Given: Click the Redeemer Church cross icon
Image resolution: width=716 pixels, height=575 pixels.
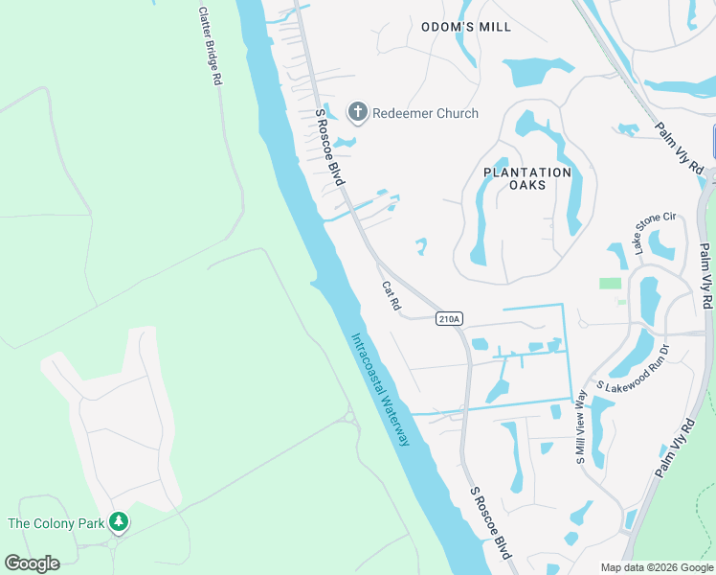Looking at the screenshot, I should (358, 113).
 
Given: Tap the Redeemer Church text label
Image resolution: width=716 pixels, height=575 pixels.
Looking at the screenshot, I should (424, 113).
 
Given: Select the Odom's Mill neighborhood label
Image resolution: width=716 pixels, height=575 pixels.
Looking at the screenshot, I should (466, 27).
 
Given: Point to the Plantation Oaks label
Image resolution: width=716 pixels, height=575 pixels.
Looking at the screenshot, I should (526, 178).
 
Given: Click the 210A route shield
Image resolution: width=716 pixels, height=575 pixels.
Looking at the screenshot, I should (449, 318).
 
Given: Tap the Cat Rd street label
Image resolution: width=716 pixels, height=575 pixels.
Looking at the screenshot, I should (391, 295).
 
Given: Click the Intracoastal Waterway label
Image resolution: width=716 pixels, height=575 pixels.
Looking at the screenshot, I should (381, 389).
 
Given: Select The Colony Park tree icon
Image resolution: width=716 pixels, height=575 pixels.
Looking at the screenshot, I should (119, 522).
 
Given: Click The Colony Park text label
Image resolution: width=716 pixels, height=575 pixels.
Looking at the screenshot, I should (56, 523).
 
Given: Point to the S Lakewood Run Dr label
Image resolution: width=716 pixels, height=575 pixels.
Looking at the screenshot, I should (637, 370).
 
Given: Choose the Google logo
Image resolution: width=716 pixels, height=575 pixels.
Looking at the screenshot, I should (32, 563).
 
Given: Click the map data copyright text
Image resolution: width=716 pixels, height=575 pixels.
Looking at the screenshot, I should (657, 567).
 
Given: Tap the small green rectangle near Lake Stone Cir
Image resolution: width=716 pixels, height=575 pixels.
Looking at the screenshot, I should (610, 283).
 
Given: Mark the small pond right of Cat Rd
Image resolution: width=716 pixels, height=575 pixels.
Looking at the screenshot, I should (420, 246).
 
